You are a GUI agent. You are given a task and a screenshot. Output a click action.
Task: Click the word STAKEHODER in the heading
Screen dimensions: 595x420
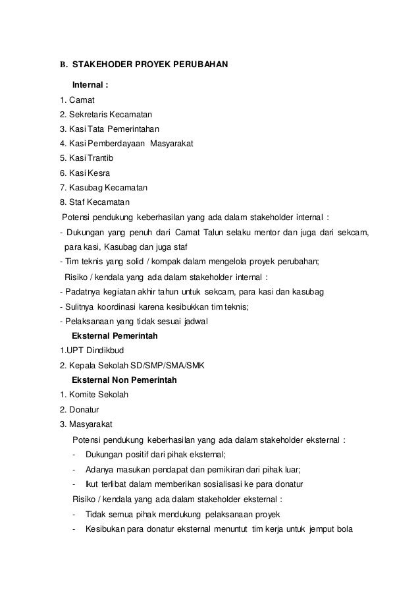101,66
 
